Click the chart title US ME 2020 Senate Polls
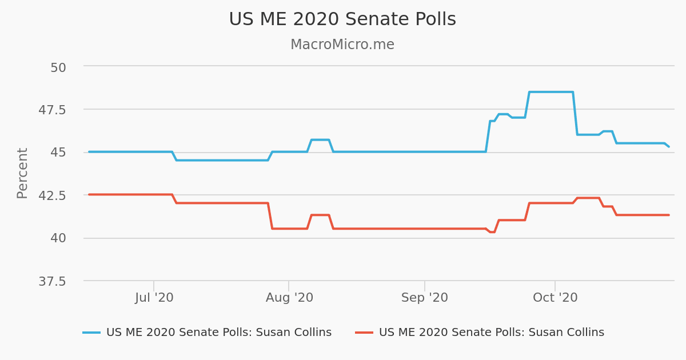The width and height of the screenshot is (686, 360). [342, 19]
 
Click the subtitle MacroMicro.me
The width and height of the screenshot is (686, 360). [342, 45]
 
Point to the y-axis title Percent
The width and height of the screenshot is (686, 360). [22, 173]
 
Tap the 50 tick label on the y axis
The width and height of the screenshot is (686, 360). [58, 67]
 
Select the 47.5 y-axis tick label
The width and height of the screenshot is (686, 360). [52, 110]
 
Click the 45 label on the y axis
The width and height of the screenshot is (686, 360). [58, 153]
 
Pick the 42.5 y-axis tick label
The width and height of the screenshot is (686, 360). [52, 195]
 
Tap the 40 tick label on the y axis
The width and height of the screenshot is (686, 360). [58, 238]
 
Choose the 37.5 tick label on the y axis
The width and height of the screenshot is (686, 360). [52, 281]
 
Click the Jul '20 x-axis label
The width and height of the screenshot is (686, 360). [154, 298]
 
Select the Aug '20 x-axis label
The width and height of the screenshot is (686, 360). [289, 298]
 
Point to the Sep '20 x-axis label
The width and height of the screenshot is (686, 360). [424, 298]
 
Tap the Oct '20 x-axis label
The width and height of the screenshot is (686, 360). [555, 298]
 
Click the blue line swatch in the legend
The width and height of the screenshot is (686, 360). [91, 333]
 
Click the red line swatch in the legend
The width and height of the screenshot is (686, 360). [364, 333]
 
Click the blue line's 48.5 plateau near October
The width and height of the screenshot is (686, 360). [551, 92]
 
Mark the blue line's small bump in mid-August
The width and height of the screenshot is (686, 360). [320, 140]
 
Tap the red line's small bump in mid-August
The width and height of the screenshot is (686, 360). [320, 215]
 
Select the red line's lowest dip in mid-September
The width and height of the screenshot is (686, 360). [492, 232]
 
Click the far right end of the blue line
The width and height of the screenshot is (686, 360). [668, 146]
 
